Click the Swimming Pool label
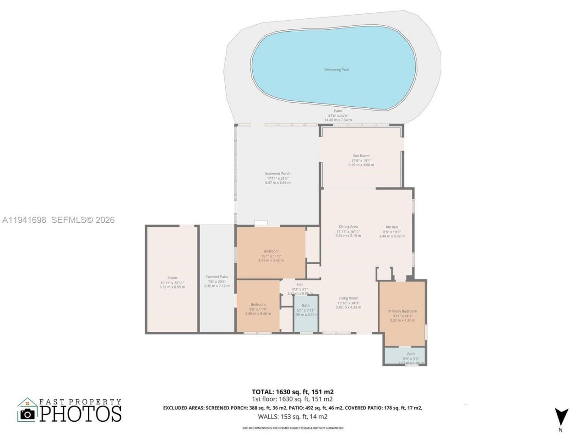point(336,70)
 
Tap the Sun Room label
point(361,156)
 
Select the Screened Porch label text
point(277,174)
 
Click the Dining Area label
point(348,227)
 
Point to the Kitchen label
point(392,227)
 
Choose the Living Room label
point(348,298)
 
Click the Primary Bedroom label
point(402,311)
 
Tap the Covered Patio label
point(217,277)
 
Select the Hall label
point(300,285)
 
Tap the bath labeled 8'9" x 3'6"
point(411,356)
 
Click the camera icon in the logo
point(27,414)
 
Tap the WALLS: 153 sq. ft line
point(293,417)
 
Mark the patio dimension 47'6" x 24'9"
point(338,115)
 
